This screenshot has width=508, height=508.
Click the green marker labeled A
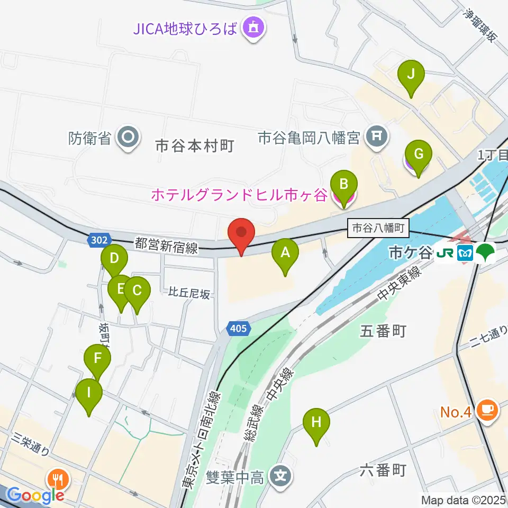[x=285, y=253]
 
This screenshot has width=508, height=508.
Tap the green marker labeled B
[x=343, y=185]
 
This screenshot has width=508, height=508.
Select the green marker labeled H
[x=316, y=423]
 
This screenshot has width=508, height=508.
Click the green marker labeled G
[x=418, y=155]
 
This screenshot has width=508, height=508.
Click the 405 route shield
[x=238, y=329]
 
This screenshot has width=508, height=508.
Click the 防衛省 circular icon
[x=129, y=139]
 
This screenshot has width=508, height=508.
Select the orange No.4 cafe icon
[x=485, y=410]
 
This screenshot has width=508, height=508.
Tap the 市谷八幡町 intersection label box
[x=378, y=229]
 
